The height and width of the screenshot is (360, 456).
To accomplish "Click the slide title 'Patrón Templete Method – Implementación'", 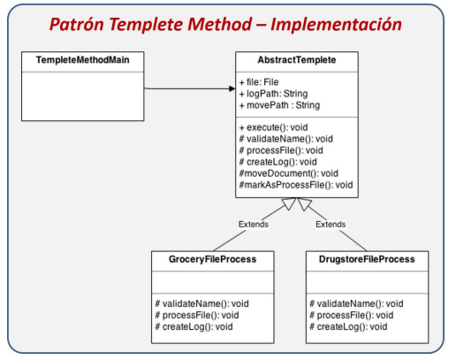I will pos(228,24).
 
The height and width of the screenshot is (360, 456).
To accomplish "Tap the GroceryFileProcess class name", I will pos(213,260).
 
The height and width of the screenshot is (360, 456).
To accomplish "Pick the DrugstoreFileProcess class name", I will pos(371,260).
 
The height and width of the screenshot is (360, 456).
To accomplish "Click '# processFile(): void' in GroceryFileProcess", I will pos(195,315).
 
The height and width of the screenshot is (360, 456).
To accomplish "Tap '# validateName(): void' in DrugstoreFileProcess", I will pos(357,303).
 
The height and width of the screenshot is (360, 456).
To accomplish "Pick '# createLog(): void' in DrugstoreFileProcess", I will pos(350,326).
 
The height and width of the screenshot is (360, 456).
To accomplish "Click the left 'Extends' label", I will pos(254,225).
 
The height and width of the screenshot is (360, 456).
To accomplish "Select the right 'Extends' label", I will pos(331,225).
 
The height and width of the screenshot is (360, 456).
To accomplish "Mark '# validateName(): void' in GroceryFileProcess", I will pos(201,303).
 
